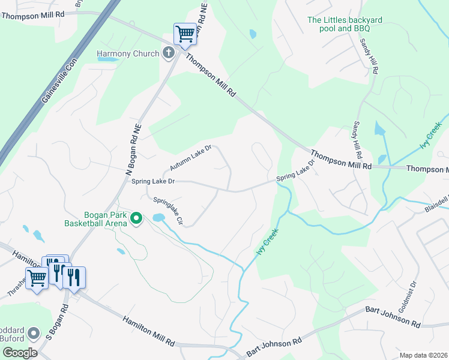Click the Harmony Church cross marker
point(169,53)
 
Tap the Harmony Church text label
point(128,54)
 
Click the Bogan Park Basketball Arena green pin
point(136,218)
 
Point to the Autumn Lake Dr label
point(191,157)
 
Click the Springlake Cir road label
point(167,211)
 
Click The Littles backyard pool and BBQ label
point(345,24)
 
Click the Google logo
point(20,352)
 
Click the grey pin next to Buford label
point(35,332)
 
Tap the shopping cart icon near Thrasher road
point(37,278)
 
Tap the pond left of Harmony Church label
point(108,60)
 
